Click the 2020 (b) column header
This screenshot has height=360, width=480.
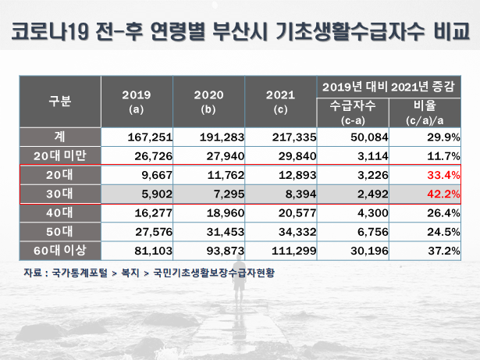pyautogui.click(x=208, y=102)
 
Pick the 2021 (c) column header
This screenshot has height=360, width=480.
pyautogui.click(x=280, y=102)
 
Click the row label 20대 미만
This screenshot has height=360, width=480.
pyautogui.click(x=60, y=155)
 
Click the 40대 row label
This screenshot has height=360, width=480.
pyautogui.click(x=60, y=213)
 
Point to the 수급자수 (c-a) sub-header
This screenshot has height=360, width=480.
pyautogui.click(x=353, y=110)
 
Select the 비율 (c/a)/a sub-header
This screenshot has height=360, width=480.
pyautogui.click(x=425, y=110)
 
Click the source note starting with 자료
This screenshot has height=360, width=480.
pyautogui.click(x=148, y=273)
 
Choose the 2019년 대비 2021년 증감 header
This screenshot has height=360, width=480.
pyautogui.click(x=389, y=84)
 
